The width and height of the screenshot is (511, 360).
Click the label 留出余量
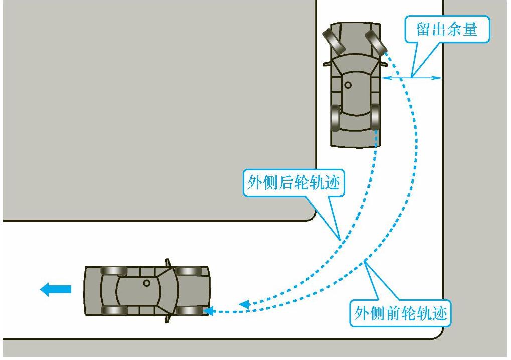click(x=447, y=30)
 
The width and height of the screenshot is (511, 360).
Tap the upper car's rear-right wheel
click(x=375, y=117)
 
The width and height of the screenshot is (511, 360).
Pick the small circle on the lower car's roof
click(x=146, y=283)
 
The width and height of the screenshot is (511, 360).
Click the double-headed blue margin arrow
click(x=411, y=78)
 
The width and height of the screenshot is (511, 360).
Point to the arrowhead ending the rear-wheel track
click(x=244, y=304)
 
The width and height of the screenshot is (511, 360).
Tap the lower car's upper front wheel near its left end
click(x=114, y=271)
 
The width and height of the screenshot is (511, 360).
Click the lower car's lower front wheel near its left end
click(x=114, y=310)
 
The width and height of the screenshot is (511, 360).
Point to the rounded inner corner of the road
click(x=311, y=216)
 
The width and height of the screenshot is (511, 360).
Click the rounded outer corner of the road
click(x=437, y=334)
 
